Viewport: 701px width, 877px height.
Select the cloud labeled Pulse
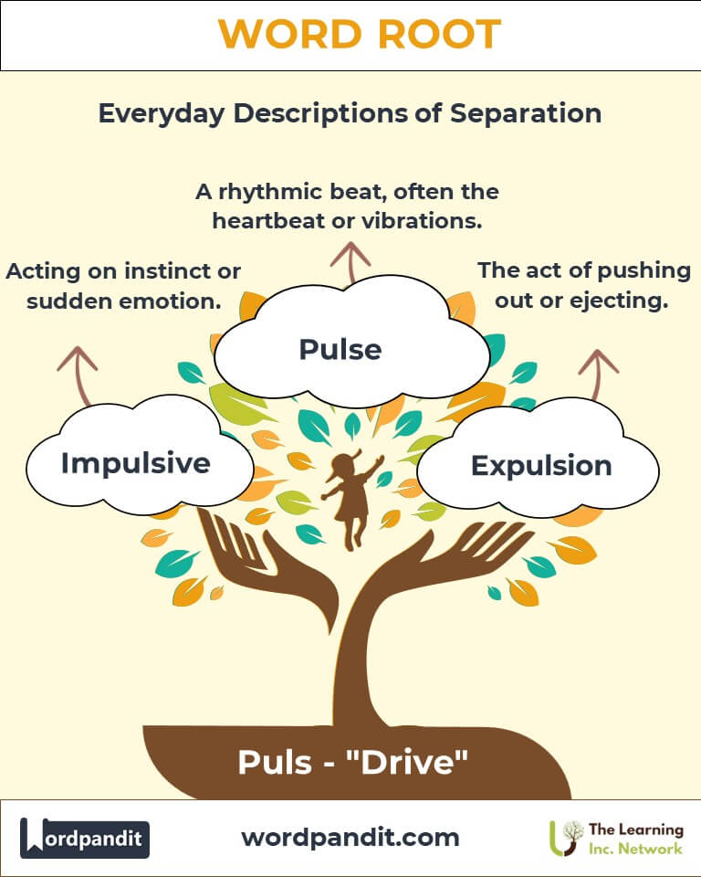(x=340, y=348)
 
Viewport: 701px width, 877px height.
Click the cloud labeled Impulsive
(x=136, y=463)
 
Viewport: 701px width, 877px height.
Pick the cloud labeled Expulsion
(x=540, y=466)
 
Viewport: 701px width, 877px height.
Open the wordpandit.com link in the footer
(x=350, y=837)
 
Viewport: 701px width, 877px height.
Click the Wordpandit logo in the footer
(x=85, y=838)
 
